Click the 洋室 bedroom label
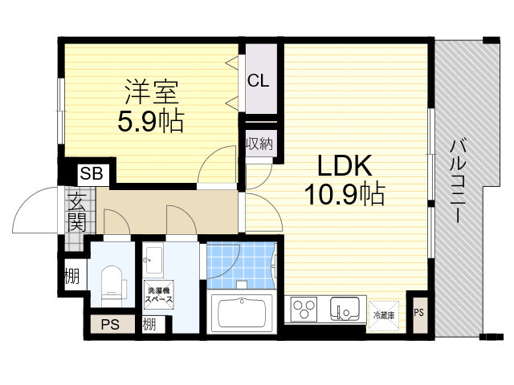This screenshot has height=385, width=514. pos(152,91)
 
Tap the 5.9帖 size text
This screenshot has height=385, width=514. pos(151,121)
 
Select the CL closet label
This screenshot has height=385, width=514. pos(259,80)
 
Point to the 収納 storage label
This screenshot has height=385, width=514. pos(259,143)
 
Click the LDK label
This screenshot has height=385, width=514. pos(345,166)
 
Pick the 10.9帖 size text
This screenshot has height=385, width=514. pos(345,194)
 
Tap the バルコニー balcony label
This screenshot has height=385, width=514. pos(458,181)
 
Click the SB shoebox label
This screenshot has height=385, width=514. pos(92,173)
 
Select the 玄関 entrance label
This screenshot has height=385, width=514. pos(77,212)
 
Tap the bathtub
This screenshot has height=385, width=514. pos(242,313)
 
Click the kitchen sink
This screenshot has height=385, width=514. pos(345,308)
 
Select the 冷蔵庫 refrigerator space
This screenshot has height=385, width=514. pos(384,315)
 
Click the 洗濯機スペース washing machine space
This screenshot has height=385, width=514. pos(159,294)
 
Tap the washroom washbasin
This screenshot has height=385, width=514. pos(153,260)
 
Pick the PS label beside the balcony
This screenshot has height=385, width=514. pos(419,313)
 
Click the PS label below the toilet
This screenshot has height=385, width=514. pos(111,325)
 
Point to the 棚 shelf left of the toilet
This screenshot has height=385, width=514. pos(72,276)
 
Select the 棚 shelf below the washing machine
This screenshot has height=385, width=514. pos(149,325)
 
